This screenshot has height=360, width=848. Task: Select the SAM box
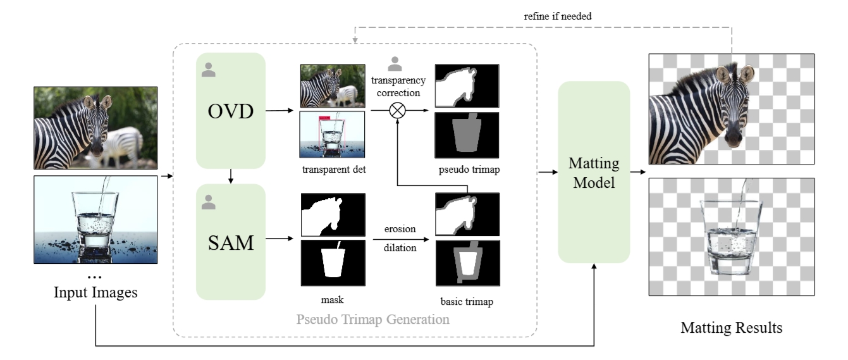point(230,241)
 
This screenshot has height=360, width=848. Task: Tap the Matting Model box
point(594,172)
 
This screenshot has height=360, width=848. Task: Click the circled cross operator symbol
point(397,110)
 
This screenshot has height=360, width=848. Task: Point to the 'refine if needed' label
point(558,16)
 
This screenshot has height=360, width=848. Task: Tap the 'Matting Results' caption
point(731,328)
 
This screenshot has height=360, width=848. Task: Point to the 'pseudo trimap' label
point(467,169)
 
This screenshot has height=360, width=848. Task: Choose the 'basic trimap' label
point(467,302)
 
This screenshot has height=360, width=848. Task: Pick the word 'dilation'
point(400,248)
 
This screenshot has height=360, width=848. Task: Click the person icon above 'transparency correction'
point(395,63)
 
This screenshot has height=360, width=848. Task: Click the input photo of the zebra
point(95,127)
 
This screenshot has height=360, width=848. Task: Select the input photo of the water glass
point(95,219)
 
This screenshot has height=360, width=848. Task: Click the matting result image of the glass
point(731,237)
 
